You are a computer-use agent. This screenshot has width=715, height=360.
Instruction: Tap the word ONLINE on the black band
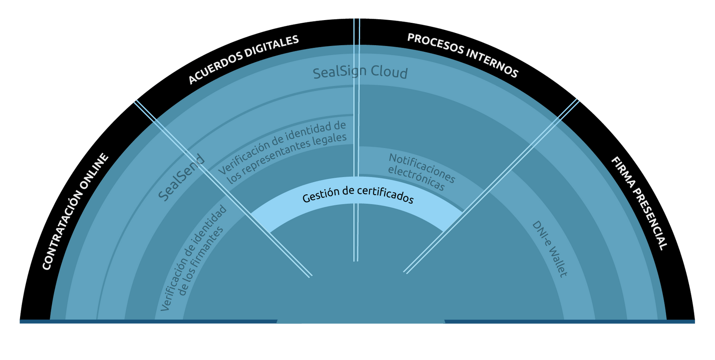pos(95,171)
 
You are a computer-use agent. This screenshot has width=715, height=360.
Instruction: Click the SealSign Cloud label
pos(360,72)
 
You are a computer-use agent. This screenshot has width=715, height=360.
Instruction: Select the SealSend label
pos(181,178)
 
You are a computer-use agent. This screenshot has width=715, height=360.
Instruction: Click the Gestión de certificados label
pos(358,195)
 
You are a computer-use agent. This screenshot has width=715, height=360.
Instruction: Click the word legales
pos(330,139)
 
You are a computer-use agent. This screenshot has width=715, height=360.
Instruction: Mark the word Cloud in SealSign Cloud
pos(389,73)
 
